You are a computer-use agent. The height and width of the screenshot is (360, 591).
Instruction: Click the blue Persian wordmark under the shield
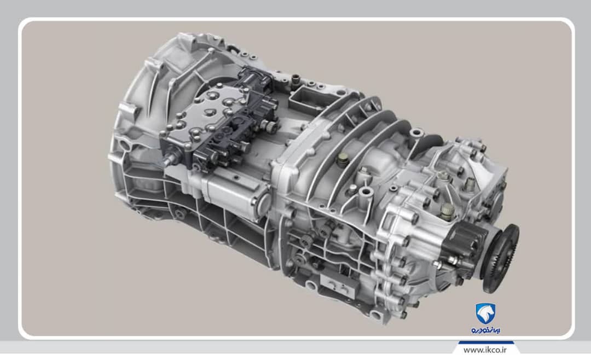pos(485,330)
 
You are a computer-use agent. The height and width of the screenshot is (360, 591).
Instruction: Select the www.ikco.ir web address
pos(485,350)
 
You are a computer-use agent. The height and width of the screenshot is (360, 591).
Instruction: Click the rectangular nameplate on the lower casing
pos(337,283)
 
